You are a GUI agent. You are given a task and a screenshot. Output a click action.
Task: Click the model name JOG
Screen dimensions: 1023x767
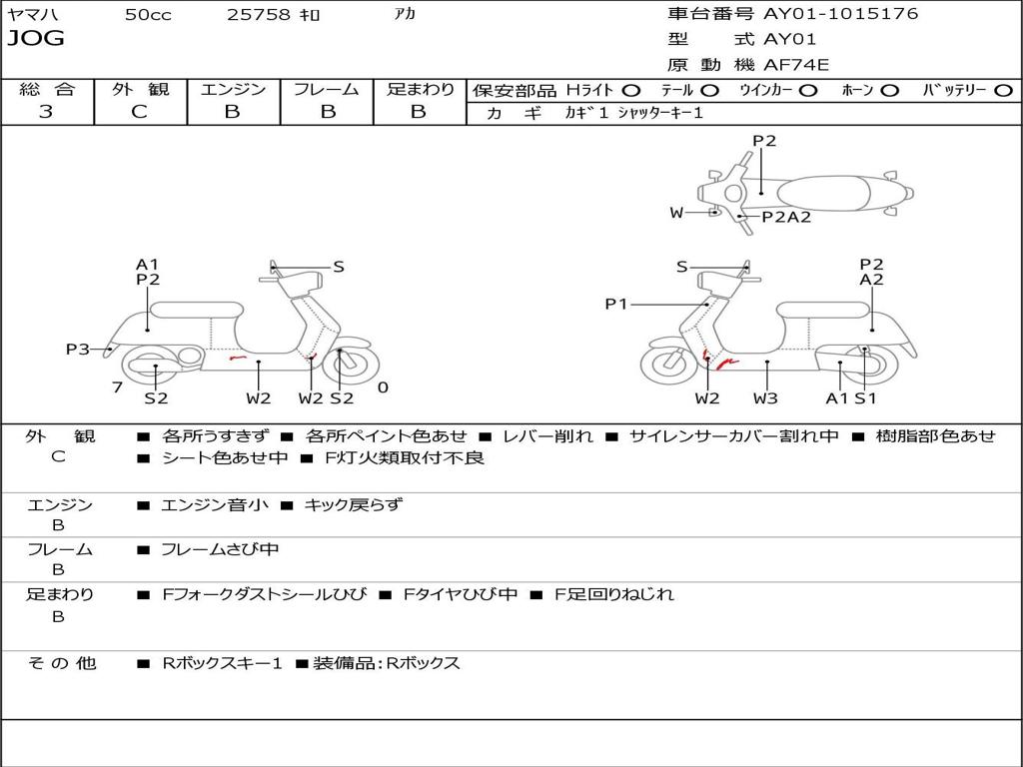(36, 39)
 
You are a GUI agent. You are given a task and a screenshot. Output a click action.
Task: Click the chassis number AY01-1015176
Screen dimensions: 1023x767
(840, 14)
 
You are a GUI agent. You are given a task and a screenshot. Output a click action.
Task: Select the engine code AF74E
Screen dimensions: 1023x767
(796, 65)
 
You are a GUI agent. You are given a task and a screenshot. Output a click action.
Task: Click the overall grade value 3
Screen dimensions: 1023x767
(46, 112)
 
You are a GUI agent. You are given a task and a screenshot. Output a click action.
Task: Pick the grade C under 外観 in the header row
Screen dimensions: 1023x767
(140, 112)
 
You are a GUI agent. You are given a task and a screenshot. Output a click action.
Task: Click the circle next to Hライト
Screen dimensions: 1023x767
(631, 91)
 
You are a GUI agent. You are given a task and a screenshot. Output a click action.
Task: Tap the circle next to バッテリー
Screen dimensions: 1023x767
(1003, 91)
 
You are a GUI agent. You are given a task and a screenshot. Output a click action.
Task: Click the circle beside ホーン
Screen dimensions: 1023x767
(890, 91)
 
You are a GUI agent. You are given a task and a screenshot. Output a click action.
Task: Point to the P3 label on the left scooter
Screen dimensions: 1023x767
(77, 349)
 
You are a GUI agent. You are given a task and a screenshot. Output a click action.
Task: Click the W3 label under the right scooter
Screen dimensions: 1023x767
(765, 397)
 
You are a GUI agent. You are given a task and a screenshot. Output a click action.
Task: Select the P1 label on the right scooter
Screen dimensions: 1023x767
(615, 304)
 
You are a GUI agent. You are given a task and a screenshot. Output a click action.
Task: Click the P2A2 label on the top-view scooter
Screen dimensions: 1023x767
(786, 217)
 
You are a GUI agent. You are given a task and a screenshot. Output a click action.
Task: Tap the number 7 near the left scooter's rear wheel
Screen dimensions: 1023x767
(118, 387)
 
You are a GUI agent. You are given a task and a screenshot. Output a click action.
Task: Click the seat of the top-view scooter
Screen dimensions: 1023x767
(823, 194)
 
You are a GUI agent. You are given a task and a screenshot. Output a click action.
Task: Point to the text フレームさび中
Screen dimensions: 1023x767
(220, 550)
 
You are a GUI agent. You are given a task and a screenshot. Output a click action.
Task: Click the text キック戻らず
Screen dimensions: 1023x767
(354, 504)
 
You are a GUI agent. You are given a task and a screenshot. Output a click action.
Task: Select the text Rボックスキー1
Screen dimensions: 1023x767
(222, 663)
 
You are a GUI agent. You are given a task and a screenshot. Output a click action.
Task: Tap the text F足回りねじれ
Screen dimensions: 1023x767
(614, 594)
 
